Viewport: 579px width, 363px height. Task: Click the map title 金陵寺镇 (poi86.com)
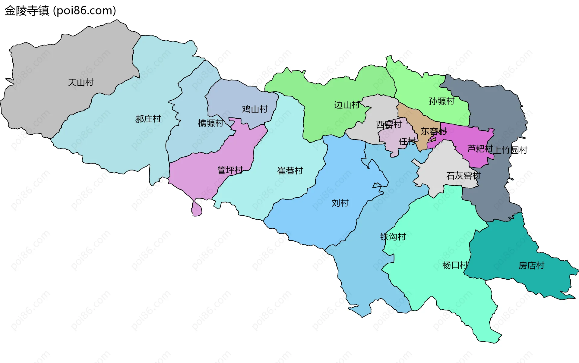coord(60,11)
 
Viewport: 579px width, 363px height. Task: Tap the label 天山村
coord(81,82)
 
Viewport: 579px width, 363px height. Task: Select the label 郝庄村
coord(148,119)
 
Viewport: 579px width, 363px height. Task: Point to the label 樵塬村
coord(210,123)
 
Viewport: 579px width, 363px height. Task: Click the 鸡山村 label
coord(255,109)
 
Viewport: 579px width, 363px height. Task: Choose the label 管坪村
coord(230,170)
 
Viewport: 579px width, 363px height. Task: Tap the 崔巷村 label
coord(290,171)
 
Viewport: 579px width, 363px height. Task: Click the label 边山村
coord(347,105)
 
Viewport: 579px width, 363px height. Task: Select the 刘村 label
coord(340,203)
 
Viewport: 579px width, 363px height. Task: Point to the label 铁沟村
coord(393,236)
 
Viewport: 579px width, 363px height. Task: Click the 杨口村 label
coord(455,265)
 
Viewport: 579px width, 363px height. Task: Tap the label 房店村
coord(531,265)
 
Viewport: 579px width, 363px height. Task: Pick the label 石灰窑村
coord(463,176)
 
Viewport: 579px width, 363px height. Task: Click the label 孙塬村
coord(441,101)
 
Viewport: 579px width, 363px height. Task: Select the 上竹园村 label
coord(510,150)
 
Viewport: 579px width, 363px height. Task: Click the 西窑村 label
coord(389,124)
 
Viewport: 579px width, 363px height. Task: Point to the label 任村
coord(407,141)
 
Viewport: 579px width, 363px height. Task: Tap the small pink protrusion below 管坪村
coord(197,209)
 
